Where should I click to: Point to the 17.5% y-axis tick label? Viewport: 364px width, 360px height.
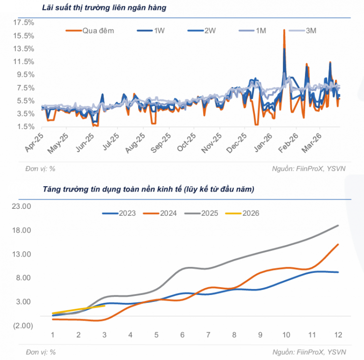coord(24,23)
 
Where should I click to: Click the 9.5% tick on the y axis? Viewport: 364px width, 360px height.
coord(25,74)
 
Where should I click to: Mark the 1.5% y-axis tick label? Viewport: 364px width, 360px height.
coord(25,127)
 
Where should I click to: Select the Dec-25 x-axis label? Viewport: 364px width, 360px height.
coord(239,142)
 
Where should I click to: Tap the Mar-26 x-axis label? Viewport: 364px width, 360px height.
coord(315,142)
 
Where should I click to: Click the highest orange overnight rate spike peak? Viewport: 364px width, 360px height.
coord(284,31)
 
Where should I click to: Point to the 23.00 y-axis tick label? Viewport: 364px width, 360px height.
coord(22,207)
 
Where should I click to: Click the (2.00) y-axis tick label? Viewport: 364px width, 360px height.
coord(22,326)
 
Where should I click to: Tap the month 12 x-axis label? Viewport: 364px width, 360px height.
coord(338,335)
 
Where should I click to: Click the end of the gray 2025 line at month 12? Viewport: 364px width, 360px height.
coord(338,226)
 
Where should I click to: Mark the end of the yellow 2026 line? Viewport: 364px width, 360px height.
coord(104,306)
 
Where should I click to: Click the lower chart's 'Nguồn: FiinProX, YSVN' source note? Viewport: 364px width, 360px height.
coord(309,352)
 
